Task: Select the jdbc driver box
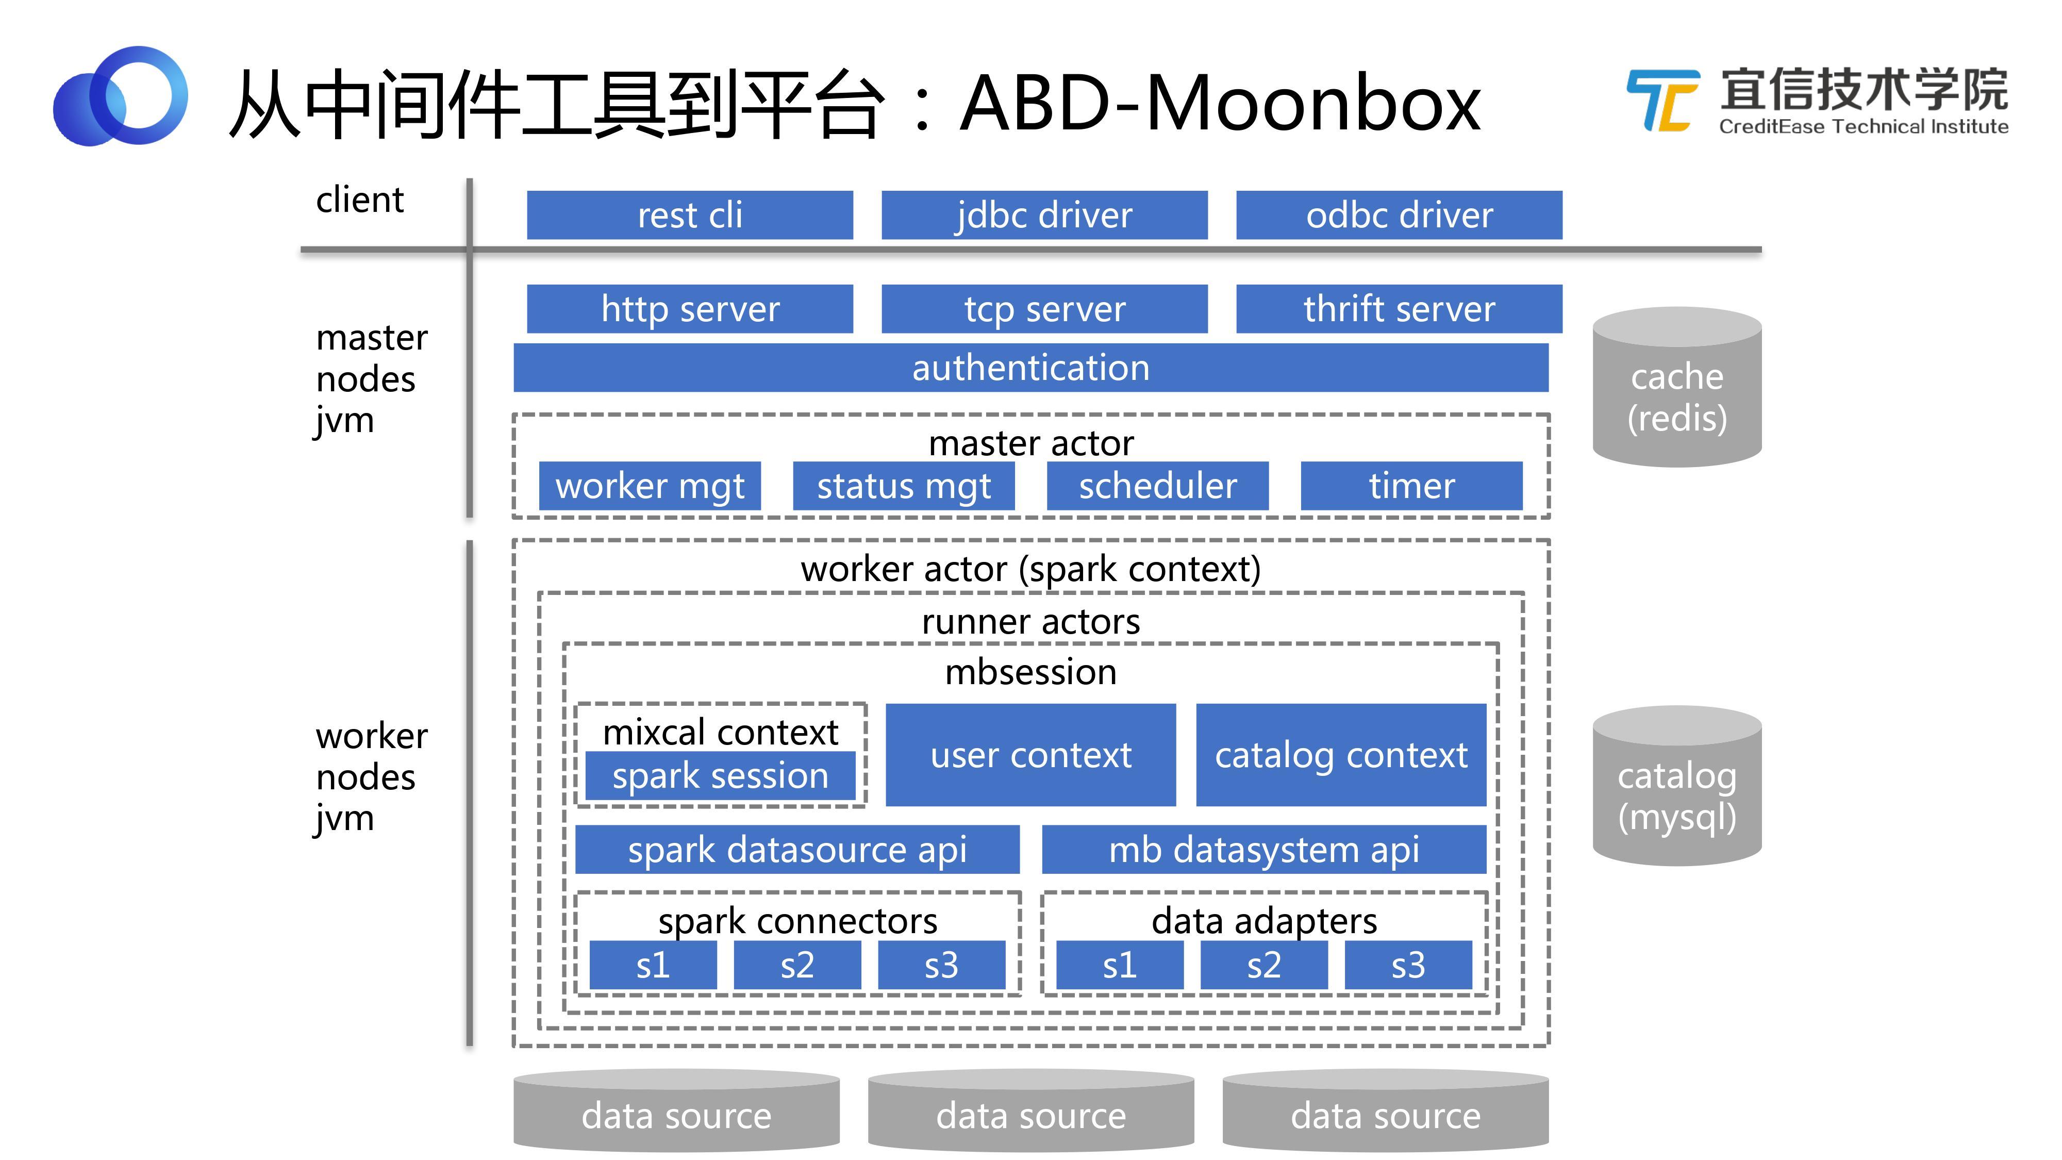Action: point(1044,214)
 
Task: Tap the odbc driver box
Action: point(1399,214)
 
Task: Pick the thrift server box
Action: point(1399,308)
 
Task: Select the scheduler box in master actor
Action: point(1157,485)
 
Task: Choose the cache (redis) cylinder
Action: point(1676,388)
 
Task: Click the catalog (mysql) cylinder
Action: point(1676,786)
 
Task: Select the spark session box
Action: point(720,775)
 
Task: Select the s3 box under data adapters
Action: point(1407,965)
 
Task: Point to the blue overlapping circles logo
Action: point(120,96)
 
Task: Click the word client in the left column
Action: point(359,200)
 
